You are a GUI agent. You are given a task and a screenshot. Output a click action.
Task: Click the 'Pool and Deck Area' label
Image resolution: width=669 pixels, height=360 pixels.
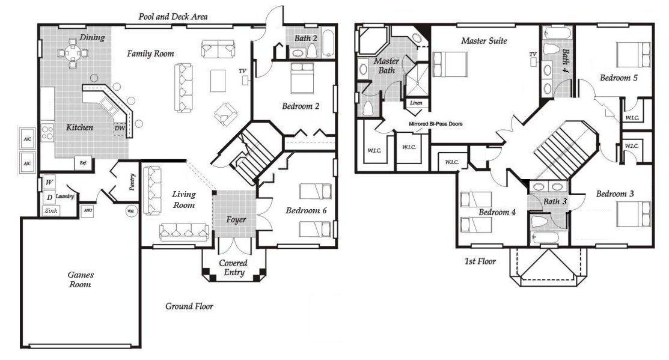pyautogui.click(x=173, y=17)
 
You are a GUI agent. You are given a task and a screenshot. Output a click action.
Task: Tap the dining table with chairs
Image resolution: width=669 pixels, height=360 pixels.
pyautogui.click(x=73, y=52)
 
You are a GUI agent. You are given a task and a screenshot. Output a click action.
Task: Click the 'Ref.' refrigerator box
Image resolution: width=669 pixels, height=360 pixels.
pyautogui.click(x=84, y=162)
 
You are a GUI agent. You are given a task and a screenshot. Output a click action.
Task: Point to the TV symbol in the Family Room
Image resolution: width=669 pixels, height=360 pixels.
pyautogui.click(x=244, y=79)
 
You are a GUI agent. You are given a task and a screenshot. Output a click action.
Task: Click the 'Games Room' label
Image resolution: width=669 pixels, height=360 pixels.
pyautogui.click(x=79, y=279)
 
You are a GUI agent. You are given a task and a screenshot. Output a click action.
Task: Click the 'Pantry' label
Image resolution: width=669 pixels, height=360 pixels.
pyautogui.click(x=132, y=183)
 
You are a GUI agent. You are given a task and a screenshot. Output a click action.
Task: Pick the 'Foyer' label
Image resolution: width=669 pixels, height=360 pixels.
pyautogui.click(x=236, y=219)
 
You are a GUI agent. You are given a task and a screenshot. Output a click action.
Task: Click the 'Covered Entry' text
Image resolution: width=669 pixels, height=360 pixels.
pyautogui.click(x=233, y=268)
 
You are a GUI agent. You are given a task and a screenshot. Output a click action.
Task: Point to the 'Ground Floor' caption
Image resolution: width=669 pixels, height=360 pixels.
pyautogui.click(x=189, y=307)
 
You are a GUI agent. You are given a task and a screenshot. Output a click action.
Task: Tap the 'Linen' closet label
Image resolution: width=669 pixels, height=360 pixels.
pyautogui.click(x=416, y=103)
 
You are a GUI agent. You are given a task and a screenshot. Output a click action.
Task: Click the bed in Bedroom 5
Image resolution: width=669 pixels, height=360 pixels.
pyautogui.click(x=634, y=55)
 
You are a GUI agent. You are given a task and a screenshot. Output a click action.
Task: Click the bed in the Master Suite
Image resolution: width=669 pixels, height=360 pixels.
pyautogui.click(x=450, y=64)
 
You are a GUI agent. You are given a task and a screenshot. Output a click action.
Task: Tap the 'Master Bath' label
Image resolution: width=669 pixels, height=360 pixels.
pyautogui.click(x=386, y=67)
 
